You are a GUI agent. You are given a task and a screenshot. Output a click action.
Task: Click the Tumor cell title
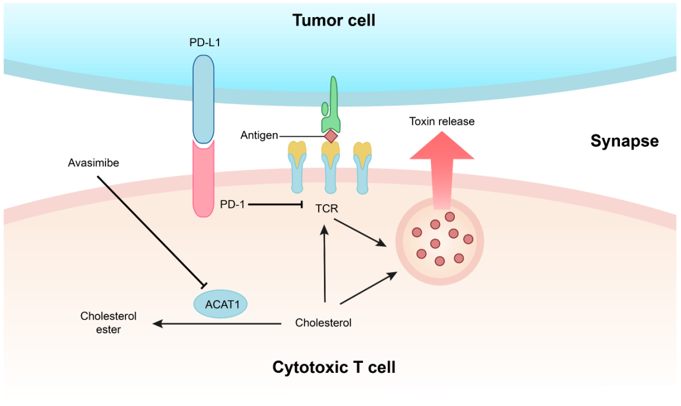[x=334, y=21]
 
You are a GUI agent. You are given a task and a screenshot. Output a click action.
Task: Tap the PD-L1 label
[x=202, y=43]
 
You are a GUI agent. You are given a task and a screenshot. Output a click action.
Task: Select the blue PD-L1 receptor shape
[x=203, y=98]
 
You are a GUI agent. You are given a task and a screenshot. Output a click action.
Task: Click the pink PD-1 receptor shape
[x=203, y=178]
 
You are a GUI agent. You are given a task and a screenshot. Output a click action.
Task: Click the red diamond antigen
[x=330, y=136]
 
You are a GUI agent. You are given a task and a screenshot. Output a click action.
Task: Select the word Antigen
[x=259, y=136]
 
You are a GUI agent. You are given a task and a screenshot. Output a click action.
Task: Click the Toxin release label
[x=442, y=121]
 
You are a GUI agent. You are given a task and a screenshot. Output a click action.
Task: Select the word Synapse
[x=624, y=141]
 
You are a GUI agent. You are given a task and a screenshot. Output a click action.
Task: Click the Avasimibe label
[x=94, y=163]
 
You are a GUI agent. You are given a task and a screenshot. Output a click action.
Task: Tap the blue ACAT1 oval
[x=220, y=304]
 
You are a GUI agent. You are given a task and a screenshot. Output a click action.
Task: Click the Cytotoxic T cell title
[x=334, y=367]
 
